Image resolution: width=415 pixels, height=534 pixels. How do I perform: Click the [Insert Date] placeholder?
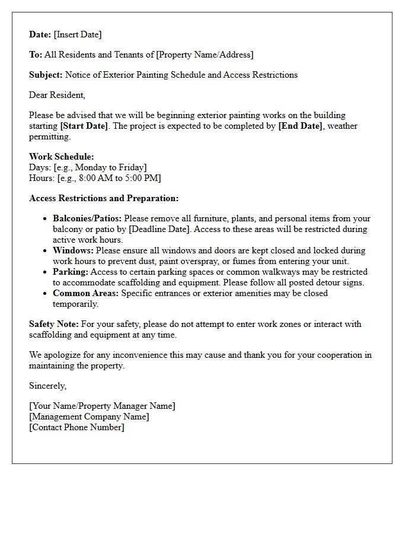[x=77, y=34]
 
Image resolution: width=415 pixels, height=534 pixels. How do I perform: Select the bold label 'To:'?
[x=36, y=55]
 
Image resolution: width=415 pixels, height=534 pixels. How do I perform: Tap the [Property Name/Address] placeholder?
[x=205, y=55]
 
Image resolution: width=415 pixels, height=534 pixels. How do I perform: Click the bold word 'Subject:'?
[x=46, y=75]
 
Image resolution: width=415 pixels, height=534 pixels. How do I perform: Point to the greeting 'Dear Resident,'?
[x=57, y=95]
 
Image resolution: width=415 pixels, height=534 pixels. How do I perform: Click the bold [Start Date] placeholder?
[x=84, y=126]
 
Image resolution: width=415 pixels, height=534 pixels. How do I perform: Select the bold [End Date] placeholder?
[x=300, y=126]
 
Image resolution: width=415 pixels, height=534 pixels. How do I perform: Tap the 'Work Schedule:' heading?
[x=61, y=157]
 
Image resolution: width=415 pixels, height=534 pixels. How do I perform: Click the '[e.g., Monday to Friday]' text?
[x=100, y=167]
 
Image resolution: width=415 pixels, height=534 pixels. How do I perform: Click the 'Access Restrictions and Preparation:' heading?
[x=104, y=198]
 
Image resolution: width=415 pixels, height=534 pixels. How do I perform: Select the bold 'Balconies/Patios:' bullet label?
[x=87, y=218]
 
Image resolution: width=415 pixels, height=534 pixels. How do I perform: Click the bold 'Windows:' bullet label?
[x=73, y=250]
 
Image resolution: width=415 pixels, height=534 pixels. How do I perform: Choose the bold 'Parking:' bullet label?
[x=70, y=272]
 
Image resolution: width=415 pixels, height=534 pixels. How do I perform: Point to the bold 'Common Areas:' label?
[x=85, y=293]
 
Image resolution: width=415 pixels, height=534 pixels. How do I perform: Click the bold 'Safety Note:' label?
[x=54, y=324]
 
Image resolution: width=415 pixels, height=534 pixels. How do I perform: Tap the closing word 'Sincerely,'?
[x=47, y=386]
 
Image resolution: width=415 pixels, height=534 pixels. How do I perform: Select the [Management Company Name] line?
[x=89, y=417]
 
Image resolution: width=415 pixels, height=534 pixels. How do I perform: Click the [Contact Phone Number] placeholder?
[x=76, y=427]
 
